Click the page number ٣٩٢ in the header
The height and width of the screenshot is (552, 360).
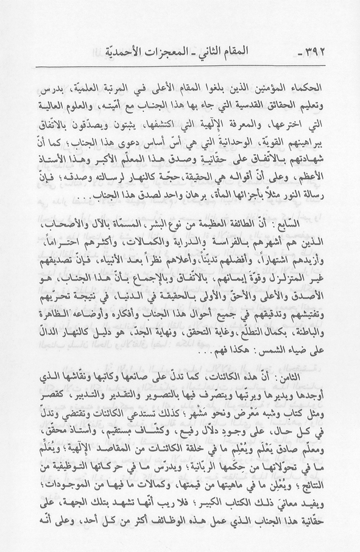(317, 48)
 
